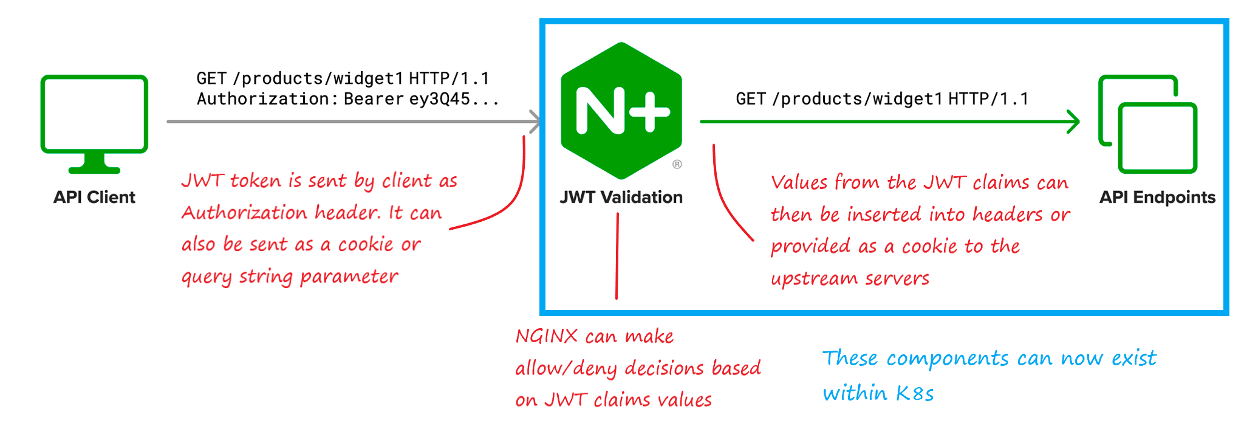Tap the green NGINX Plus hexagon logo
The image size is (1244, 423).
coord(621,111)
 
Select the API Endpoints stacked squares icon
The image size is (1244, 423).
coord(1147,124)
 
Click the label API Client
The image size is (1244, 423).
coord(94,198)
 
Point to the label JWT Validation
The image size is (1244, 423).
coord(621,198)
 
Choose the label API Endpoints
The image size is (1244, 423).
coord(1157,198)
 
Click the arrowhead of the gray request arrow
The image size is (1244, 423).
coord(535,122)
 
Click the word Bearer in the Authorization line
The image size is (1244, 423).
coord(374,99)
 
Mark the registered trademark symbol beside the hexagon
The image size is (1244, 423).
coord(677,164)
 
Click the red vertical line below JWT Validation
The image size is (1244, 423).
coord(617,256)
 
